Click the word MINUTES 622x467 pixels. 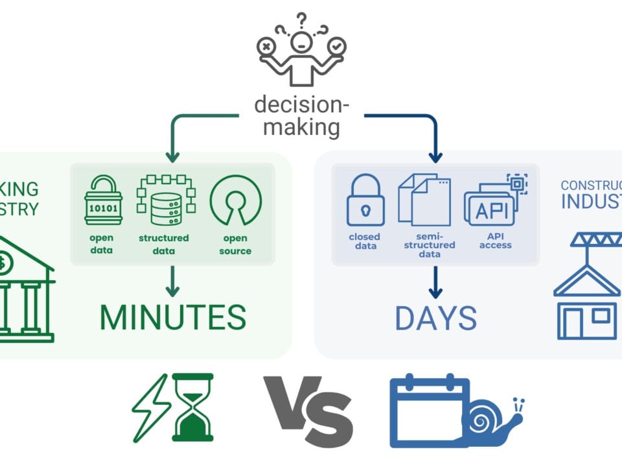coord(172,317)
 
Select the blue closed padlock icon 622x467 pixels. coord(365,201)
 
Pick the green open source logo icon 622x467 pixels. coord(235,200)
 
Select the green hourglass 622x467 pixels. coord(193,407)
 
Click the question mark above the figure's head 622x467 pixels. coord(301,20)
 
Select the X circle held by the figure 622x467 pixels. coord(266,47)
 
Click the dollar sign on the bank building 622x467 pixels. coord(5,263)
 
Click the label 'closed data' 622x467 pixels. coord(364,241)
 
